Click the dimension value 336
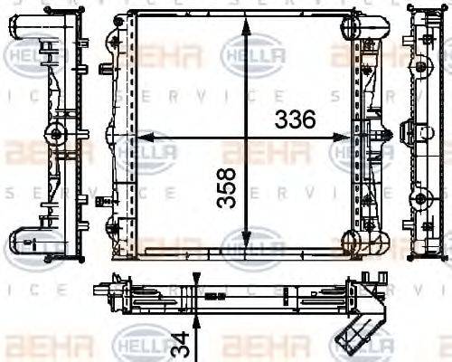click(x=295, y=119)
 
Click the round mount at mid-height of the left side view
click(x=57, y=136)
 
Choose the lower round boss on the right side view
click(x=421, y=199)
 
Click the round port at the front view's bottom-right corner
click(x=353, y=241)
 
